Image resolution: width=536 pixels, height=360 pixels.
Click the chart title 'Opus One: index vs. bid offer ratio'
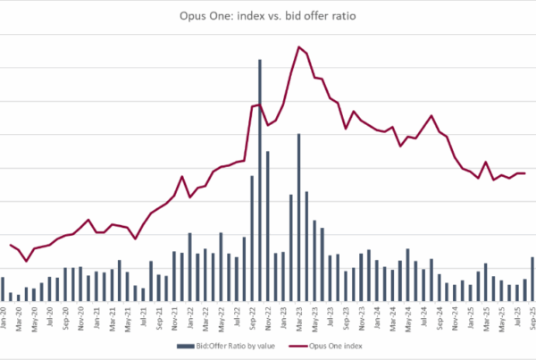pyautogui.click(x=267, y=14)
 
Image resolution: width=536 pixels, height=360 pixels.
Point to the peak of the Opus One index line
pyautogui.click(x=298, y=46)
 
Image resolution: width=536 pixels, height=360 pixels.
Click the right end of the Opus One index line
pyautogui.click(x=524, y=173)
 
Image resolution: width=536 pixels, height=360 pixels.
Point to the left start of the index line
pyautogui.click(x=10, y=244)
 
